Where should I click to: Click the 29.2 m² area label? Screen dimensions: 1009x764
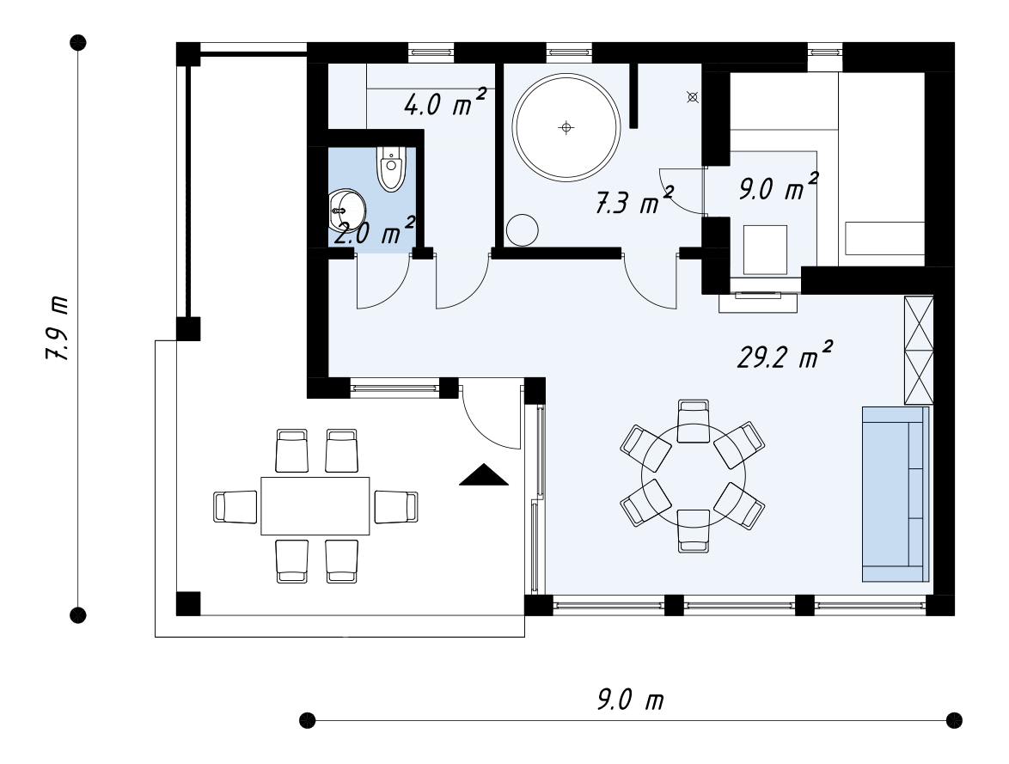(x=785, y=355)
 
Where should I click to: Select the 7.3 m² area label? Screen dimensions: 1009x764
(x=634, y=201)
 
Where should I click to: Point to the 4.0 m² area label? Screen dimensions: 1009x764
(x=445, y=103)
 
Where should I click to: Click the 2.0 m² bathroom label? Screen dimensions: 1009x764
(x=374, y=232)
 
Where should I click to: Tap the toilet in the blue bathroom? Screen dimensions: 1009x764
(x=390, y=168)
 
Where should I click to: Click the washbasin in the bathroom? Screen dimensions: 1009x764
(x=346, y=210)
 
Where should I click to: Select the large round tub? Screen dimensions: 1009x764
(x=566, y=127)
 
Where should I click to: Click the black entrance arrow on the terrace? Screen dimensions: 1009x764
(x=484, y=474)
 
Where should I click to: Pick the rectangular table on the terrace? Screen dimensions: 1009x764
(x=315, y=506)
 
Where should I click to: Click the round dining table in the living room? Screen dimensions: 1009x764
(x=694, y=476)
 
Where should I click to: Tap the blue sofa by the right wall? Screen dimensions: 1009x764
(x=896, y=494)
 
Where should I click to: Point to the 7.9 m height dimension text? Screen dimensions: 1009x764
(x=58, y=328)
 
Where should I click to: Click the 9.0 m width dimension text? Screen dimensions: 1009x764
(x=630, y=699)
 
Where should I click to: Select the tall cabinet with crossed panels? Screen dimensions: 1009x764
(x=918, y=350)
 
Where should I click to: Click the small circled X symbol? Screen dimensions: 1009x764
(x=693, y=97)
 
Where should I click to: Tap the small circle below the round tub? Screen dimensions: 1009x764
(x=522, y=229)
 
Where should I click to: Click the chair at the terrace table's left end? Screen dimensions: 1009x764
(x=235, y=506)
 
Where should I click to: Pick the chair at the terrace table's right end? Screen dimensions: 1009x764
(x=395, y=506)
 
